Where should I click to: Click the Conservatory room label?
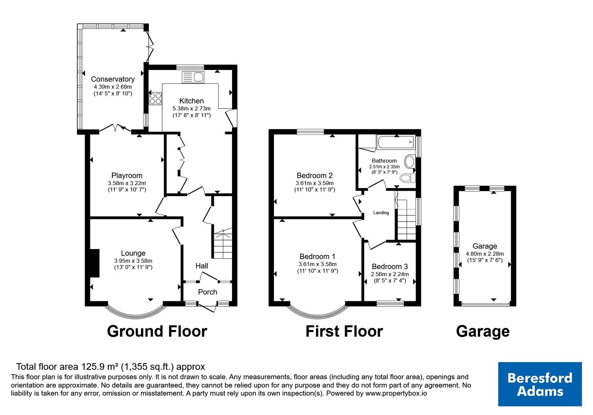point(113,79)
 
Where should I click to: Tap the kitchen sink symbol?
point(193,77)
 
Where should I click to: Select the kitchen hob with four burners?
point(155,98)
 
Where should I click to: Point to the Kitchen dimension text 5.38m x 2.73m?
point(191,109)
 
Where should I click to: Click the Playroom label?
point(127,176)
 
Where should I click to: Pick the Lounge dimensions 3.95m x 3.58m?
point(133,261)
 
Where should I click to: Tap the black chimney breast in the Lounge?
point(95,263)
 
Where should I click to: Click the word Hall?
point(202,266)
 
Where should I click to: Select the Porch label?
point(208,292)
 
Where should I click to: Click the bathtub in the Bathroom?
point(396,142)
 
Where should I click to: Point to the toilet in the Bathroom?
point(408,178)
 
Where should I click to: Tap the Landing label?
point(381,213)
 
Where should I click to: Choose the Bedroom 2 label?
point(315,176)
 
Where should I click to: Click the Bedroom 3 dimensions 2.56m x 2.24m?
point(390,274)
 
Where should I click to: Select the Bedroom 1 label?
point(317,256)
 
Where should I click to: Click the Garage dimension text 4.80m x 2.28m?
point(485,253)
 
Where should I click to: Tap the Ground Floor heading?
point(157,331)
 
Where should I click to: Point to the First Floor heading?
point(344,331)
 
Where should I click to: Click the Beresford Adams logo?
point(540,384)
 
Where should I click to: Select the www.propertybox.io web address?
point(396,393)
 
